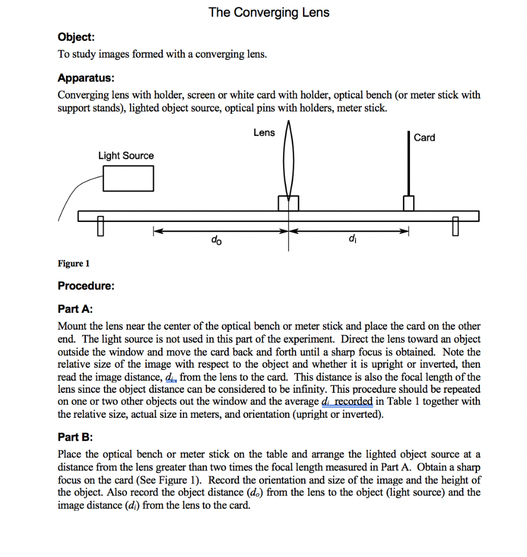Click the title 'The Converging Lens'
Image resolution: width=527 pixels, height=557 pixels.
[x=269, y=13]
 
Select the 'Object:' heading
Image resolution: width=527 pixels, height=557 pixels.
[x=76, y=37]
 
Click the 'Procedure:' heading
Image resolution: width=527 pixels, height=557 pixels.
[x=86, y=286]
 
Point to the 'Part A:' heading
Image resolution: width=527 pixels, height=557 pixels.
[x=75, y=309]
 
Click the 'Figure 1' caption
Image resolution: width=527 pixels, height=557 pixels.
[x=73, y=264]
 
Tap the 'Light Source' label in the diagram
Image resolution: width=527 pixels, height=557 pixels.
[x=126, y=156]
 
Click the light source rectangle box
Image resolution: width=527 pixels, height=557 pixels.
[x=128, y=178]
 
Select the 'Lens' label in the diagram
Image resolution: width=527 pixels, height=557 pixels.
[x=264, y=133]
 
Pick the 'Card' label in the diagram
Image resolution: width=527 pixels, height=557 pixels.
[x=424, y=138]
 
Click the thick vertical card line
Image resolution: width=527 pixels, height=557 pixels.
[x=409, y=163]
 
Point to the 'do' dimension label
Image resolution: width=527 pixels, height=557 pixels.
[x=216, y=240]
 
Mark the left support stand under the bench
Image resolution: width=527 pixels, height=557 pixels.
[x=101, y=225]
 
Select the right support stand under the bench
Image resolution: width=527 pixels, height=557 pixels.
[x=455, y=225]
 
